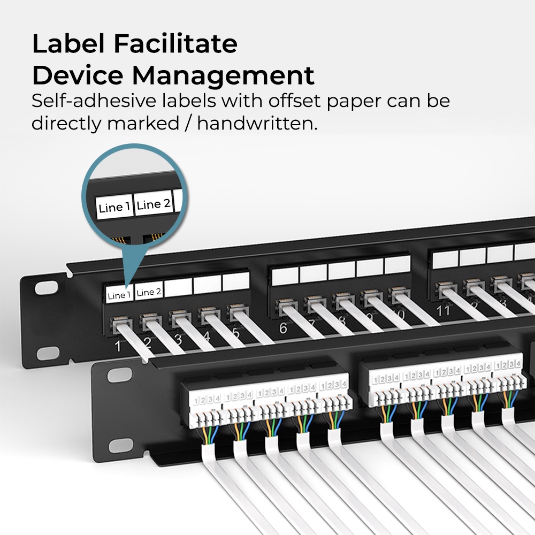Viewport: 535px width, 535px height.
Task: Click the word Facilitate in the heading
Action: (x=177, y=44)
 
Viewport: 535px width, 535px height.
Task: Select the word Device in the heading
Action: (x=74, y=76)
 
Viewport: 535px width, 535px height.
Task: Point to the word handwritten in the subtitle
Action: (x=255, y=124)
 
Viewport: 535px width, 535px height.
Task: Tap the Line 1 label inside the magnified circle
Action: (x=114, y=207)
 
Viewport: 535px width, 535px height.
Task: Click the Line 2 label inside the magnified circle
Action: (x=153, y=204)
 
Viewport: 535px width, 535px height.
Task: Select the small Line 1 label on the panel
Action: (x=119, y=295)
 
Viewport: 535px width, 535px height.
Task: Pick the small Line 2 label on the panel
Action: (x=149, y=292)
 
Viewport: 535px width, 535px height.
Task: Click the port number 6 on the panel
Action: (x=283, y=328)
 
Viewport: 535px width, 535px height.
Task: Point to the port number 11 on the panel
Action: (x=444, y=310)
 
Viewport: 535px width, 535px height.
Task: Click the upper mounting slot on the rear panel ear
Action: (x=45, y=287)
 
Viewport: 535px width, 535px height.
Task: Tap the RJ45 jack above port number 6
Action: (x=282, y=308)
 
